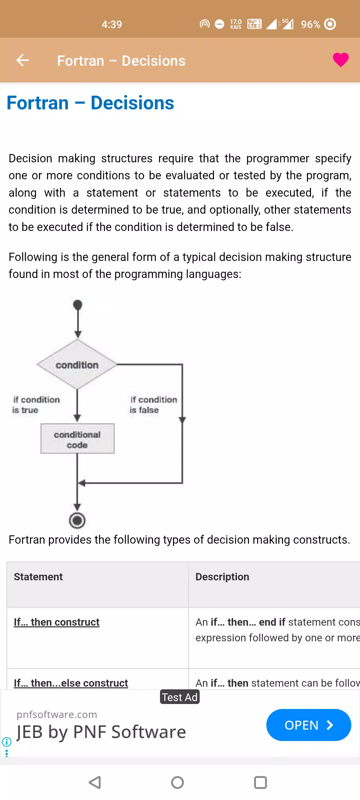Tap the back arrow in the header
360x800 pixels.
(x=23, y=60)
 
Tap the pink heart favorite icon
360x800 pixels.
(x=341, y=60)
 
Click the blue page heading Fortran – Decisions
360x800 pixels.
(x=90, y=103)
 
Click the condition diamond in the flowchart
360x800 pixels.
(x=77, y=364)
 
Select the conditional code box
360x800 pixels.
(x=77, y=439)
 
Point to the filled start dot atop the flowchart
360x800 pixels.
(x=77, y=305)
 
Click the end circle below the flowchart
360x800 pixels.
(x=77, y=520)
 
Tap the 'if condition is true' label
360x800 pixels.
(x=36, y=405)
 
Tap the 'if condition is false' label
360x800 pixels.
(x=153, y=405)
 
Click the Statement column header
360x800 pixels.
(x=38, y=577)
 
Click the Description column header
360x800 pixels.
(x=222, y=577)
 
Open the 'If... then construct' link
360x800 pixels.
(x=57, y=622)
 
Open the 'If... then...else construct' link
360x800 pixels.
(x=71, y=683)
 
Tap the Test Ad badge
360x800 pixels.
(x=180, y=697)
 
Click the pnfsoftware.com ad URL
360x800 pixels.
(x=57, y=715)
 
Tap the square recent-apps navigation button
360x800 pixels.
(x=260, y=782)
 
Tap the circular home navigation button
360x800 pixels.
(x=177, y=782)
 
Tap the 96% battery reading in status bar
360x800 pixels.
(x=310, y=24)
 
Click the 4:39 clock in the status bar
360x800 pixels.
(x=112, y=24)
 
